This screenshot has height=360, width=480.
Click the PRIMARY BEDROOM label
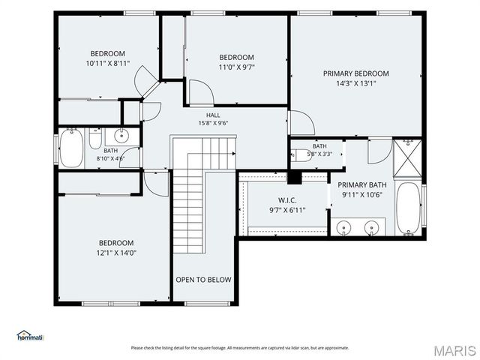tap(356, 73)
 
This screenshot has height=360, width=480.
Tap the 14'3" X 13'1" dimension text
tap(356, 83)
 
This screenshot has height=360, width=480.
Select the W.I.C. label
tap(287, 200)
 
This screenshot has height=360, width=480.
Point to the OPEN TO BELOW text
tap(203, 280)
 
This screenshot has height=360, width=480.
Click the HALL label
tap(213, 115)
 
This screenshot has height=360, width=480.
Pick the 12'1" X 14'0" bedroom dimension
tap(116, 253)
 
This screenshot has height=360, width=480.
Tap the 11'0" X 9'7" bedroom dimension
tap(237, 67)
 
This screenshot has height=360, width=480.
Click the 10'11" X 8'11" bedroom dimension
tap(108, 63)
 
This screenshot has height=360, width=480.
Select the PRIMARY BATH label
tap(362, 185)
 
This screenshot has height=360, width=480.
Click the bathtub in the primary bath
tap(408, 208)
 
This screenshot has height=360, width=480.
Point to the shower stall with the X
tap(407, 158)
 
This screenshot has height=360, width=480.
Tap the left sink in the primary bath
tap(344, 228)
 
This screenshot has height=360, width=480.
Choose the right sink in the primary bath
tap(371, 228)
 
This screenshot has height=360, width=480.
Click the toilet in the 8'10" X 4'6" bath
tap(95, 139)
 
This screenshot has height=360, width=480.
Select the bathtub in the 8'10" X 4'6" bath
tap(71, 148)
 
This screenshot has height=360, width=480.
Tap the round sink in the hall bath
tap(122, 136)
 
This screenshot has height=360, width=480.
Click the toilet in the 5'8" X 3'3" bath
tap(300, 155)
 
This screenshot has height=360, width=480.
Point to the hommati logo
tap(30, 335)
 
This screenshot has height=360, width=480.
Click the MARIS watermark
tap(454, 351)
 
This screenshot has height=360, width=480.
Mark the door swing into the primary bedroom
tap(301, 122)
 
